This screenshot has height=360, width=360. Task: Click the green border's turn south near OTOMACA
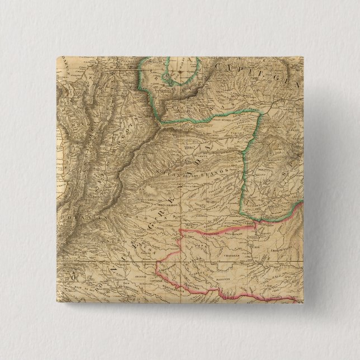[x=260, y=113]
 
